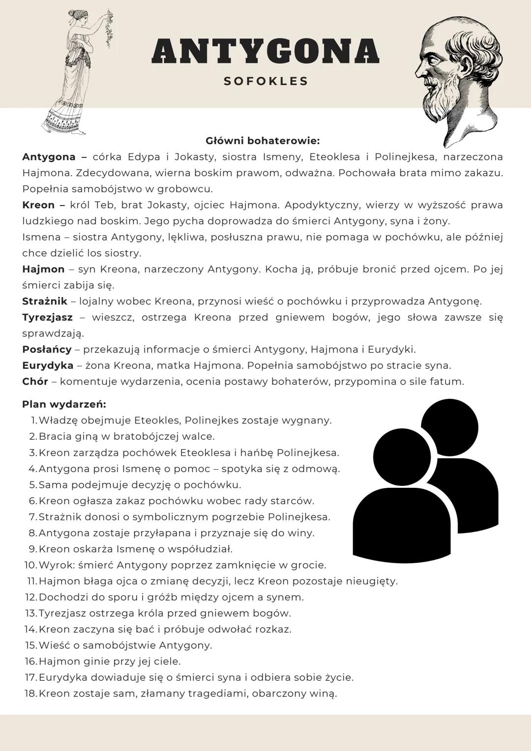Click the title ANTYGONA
[x=265, y=51]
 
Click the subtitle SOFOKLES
[x=266, y=81]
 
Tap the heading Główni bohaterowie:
[x=263, y=141]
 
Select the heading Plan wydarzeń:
[x=64, y=404]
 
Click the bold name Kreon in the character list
[x=38, y=205]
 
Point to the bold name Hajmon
[x=43, y=270]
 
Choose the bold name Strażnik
[x=44, y=301]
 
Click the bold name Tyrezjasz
[x=47, y=317]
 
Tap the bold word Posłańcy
[x=47, y=350]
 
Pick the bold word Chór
[x=35, y=382]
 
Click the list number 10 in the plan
[x=30, y=565]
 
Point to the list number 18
[x=30, y=694]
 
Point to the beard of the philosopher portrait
[x=445, y=103]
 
